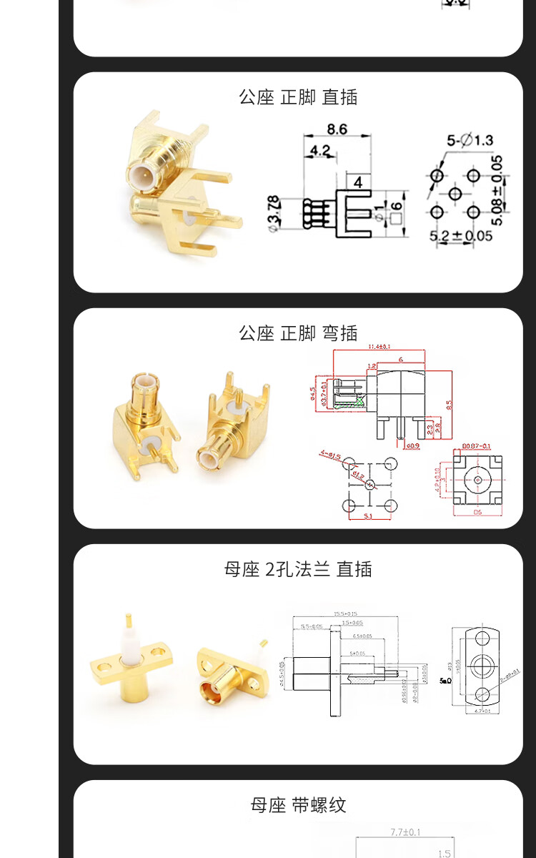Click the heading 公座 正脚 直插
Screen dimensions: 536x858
pyautogui.click(x=298, y=97)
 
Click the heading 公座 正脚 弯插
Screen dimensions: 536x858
pyautogui.click(x=298, y=333)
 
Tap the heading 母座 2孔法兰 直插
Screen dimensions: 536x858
pyautogui.click(x=298, y=569)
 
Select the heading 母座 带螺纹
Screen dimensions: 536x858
pyautogui.click(x=298, y=805)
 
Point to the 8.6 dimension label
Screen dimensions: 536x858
pyautogui.click(x=337, y=129)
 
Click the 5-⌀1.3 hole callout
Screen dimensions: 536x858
pyautogui.click(x=470, y=140)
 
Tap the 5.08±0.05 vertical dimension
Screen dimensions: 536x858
pyautogui.click(x=498, y=190)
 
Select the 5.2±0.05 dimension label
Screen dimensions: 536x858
pyautogui.click(x=461, y=235)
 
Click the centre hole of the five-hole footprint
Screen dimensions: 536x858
pyautogui.click(x=454, y=194)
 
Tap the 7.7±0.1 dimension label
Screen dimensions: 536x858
pyautogui.click(x=406, y=832)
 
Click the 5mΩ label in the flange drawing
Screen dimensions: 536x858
pyautogui.click(x=445, y=681)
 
